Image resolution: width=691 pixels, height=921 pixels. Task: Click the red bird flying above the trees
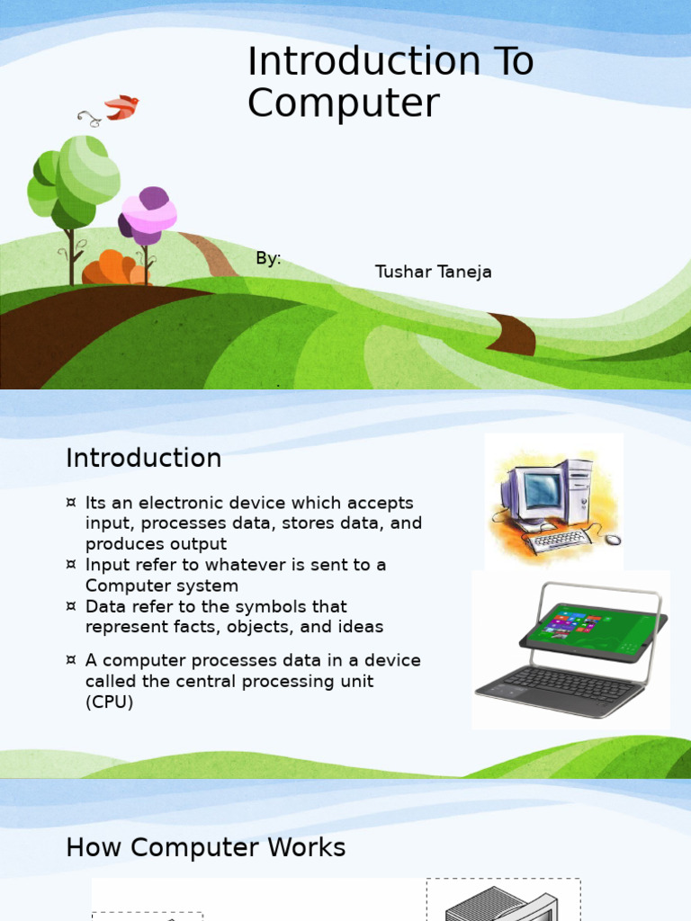point(121,107)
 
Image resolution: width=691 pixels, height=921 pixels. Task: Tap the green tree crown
point(76,177)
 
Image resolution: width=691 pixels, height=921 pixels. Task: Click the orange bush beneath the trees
point(113,269)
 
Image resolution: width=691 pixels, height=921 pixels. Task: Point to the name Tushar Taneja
point(433,272)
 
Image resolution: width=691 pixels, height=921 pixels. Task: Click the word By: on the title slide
point(268,259)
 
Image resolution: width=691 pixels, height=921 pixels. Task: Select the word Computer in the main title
point(343,103)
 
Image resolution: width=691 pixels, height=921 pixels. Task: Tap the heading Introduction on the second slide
point(143,458)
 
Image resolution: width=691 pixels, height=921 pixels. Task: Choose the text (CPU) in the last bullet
point(109,702)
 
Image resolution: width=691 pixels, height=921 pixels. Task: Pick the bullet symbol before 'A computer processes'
point(71,661)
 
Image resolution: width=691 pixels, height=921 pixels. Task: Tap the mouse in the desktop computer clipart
point(612,540)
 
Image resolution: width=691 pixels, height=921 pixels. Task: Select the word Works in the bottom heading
point(307,847)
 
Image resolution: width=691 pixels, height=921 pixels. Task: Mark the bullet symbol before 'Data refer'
point(71,607)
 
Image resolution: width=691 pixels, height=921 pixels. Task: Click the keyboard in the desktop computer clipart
point(559,541)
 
